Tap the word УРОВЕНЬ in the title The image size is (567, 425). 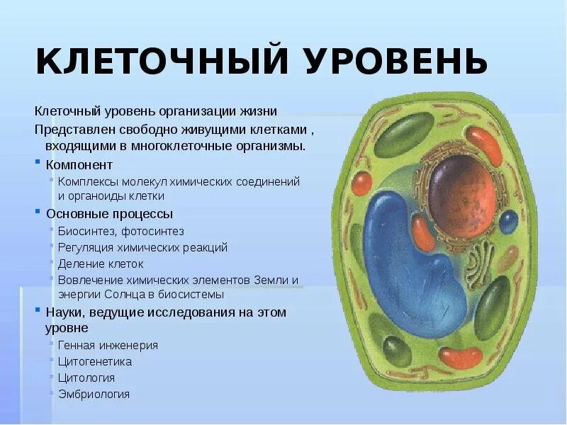[x=398, y=62]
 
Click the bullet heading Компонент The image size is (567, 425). [x=79, y=164]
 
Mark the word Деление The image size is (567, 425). [x=80, y=263]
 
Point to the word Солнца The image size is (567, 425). [x=127, y=294]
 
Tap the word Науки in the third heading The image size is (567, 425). [x=64, y=312]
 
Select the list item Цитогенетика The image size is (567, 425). [x=95, y=362]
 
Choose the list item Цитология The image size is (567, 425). [x=86, y=378]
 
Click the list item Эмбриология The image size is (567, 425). [x=94, y=395]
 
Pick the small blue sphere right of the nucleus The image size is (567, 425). [x=508, y=222]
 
